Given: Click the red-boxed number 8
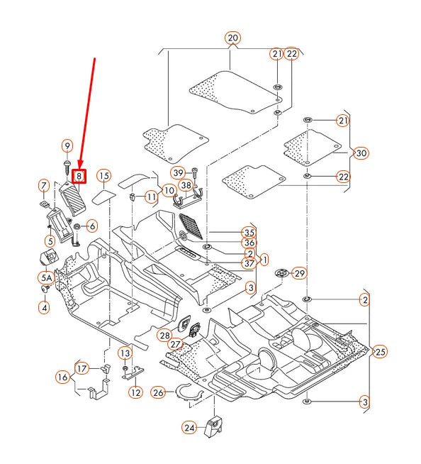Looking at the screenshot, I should coord(80,175).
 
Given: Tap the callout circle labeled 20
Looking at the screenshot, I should coord(233,38).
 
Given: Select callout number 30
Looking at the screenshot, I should coord(361,153).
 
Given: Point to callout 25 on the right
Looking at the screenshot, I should coord(381,351).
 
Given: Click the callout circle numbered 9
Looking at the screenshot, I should coord(67,145).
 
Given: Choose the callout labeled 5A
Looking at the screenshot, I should coord(45,279).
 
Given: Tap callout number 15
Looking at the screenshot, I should coord(104,175).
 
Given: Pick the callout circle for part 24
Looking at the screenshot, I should coord(189,428).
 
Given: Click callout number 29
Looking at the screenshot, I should coord(299,273).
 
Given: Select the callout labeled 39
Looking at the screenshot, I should coord(178,172).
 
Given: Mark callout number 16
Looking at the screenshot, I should coord(62,377).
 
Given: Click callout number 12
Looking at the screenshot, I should coord(135,392).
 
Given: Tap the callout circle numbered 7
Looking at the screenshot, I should coord(43,187).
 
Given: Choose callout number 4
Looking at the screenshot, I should coord(44,307).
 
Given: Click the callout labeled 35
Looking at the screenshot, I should coord(248,232).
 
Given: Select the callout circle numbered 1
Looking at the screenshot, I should coord(264,259).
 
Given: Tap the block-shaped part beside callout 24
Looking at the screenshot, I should coord(215,426).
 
